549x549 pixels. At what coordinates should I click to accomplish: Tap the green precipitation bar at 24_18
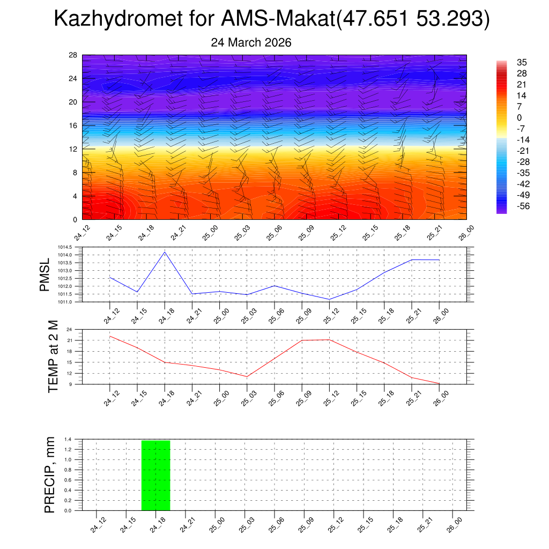pyautogui.click(x=155, y=475)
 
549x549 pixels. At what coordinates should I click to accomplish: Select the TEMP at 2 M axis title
pyautogui.click(x=53, y=356)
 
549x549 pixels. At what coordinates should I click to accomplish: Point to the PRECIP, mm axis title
pyautogui.click(x=50, y=474)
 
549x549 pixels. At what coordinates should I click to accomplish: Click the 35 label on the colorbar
pyautogui.click(x=522, y=62)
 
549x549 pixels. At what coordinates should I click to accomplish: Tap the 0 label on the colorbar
pyautogui.click(x=519, y=117)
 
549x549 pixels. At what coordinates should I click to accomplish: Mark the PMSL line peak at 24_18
pyautogui.click(x=165, y=252)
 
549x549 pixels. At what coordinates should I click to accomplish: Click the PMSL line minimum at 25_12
pyautogui.click(x=329, y=299)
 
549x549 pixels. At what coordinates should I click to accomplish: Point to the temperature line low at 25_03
pyautogui.click(x=247, y=376)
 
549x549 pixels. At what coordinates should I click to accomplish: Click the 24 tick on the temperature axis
pyautogui.click(x=70, y=329)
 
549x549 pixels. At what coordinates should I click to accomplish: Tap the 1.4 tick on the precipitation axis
pyautogui.click(x=68, y=440)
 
